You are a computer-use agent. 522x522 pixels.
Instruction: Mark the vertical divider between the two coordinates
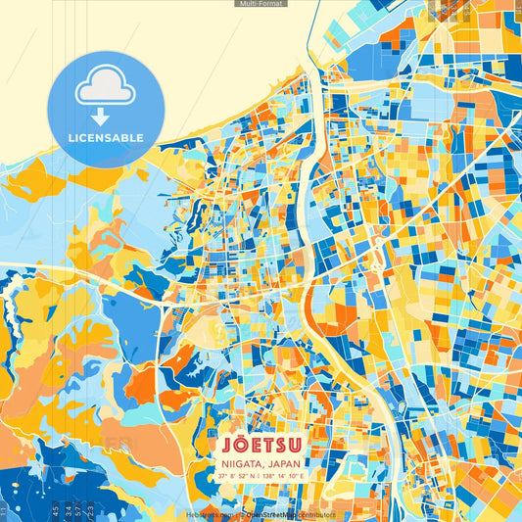click(x=258, y=475)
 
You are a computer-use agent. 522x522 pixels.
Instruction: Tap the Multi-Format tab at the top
click(x=261, y=4)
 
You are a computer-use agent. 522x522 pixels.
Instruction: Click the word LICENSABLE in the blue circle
click(x=106, y=137)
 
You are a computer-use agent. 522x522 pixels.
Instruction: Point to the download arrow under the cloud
click(x=106, y=116)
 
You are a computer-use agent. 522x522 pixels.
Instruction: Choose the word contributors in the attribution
click(x=314, y=514)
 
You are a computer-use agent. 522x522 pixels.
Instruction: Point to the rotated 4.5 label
click(x=55, y=510)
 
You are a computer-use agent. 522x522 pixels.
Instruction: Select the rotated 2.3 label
click(x=91, y=510)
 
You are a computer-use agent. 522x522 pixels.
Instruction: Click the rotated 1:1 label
click(x=4, y=510)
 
